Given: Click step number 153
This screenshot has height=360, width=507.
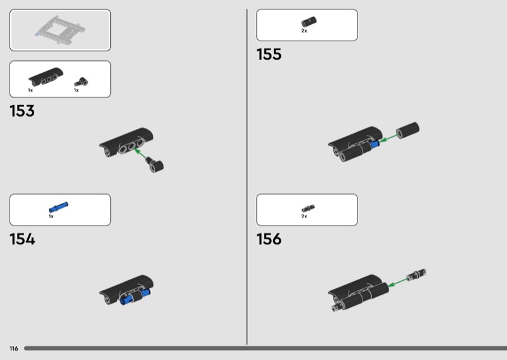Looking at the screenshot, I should click(x=22, y=112).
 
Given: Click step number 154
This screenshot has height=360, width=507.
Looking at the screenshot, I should click(x=22, y=240).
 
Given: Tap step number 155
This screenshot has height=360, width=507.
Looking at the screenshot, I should click(x=269, y=55).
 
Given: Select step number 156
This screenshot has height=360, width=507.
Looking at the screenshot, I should click(x=269, y=240).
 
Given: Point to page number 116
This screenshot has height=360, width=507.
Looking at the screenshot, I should click(x=13, y=349).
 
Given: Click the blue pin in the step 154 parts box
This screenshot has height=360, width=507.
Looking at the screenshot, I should click(x=58, y=207).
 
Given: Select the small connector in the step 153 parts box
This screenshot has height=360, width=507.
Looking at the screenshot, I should click(x=79, y=81).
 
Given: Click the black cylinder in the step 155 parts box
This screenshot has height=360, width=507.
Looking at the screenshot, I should click(x=307, y=23).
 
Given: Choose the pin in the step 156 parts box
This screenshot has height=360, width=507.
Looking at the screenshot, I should click(x=308, y=208).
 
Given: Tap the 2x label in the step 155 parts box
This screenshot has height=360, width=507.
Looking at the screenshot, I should click(x=304, y=31).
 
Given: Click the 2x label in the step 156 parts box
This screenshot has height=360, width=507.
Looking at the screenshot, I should click(x=304, y=216).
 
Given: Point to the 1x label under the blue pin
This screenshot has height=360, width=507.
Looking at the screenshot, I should click(x=51, y=216).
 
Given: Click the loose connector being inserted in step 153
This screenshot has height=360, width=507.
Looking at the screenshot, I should click(x=156, y=166).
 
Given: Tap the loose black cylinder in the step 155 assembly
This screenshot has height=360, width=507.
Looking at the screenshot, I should click(x=408, y=130).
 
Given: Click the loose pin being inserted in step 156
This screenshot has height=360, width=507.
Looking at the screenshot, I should click(x=418, y=274).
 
